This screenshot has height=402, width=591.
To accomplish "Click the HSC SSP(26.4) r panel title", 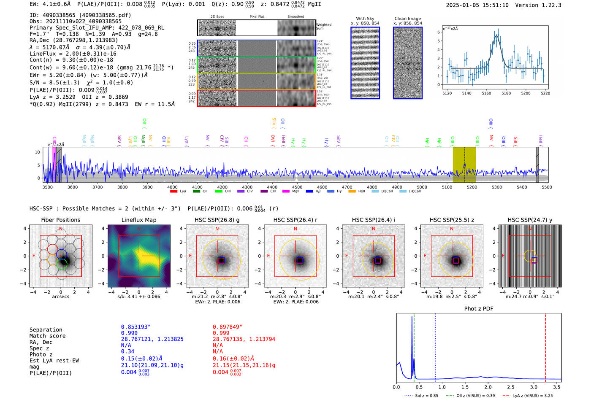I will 295,220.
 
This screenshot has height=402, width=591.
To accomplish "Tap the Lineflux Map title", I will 139,220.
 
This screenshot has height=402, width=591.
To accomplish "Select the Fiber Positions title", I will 60,220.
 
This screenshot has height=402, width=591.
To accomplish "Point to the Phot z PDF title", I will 479,309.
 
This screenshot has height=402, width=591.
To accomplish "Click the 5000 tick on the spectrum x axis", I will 422,187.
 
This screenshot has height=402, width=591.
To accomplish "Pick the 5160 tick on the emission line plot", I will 486,93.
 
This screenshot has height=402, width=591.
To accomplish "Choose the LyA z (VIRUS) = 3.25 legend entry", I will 533,396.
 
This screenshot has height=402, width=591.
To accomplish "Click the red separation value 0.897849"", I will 228,327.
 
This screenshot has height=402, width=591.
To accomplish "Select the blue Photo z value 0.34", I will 127,351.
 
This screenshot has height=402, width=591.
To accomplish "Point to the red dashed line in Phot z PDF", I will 545,346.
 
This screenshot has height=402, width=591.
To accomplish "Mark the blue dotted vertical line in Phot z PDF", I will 435,346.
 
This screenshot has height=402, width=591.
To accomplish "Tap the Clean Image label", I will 407,19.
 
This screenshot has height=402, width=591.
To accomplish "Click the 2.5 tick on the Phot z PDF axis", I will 511,387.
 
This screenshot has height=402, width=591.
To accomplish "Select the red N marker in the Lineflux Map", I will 139,229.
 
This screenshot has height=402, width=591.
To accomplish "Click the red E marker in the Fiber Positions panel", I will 34,256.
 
